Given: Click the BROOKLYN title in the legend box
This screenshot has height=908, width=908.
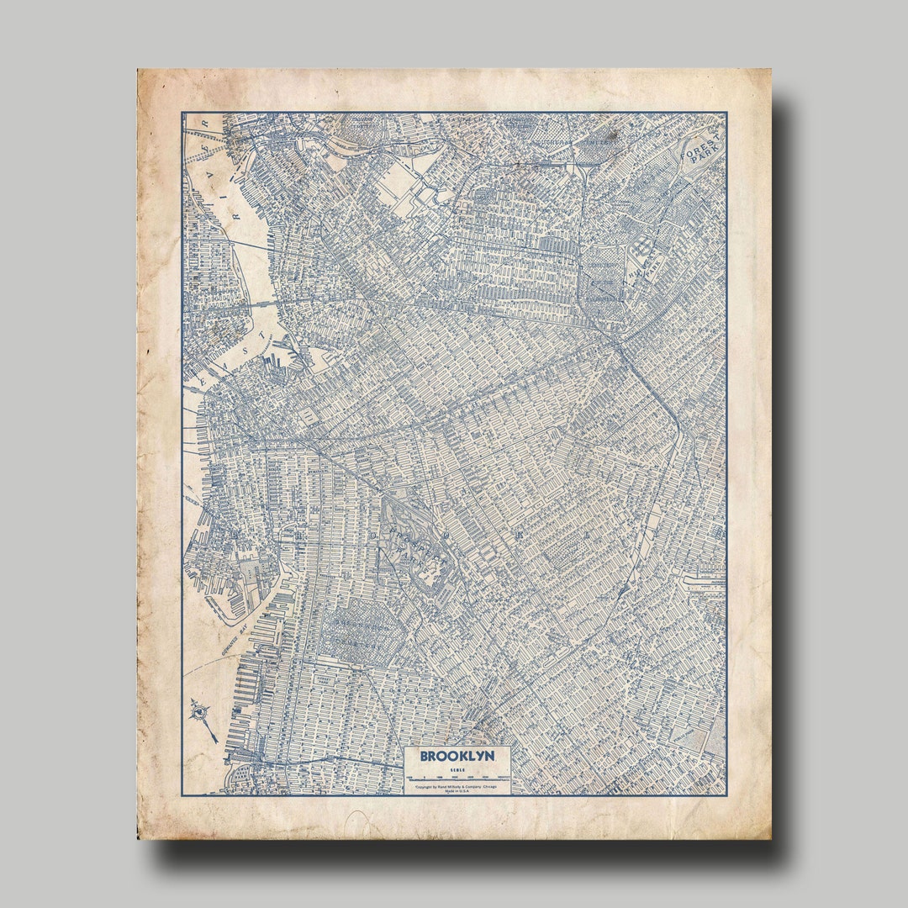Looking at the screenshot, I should (457, 756).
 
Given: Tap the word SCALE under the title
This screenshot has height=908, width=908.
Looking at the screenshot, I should (457, 769).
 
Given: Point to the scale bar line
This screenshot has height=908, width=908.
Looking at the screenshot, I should (457, 778).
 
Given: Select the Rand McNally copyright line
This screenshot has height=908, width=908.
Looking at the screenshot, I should (457, 786).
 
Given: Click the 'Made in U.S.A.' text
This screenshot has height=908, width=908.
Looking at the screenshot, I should (457, 792).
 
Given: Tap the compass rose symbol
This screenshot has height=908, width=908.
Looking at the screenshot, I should (201, 714).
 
